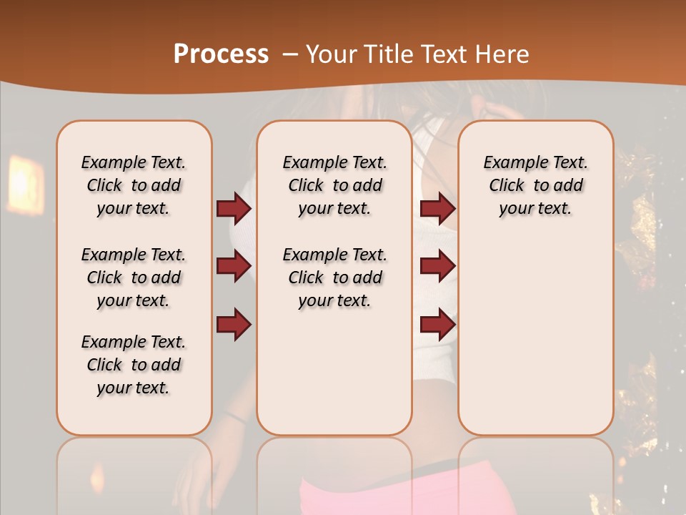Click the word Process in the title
click(x=221, y=54)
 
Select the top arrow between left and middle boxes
click(x=234, y=209)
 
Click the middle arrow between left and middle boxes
click(x=234, y=266)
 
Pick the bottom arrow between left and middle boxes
click(x=234, y=325)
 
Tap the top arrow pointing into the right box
click(x=437, y=209)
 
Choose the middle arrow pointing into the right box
click(x=437, y=266)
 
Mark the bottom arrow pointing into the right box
click(x=437, y=325)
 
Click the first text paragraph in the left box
click(x=134, y=186)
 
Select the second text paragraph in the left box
click(x=134, y=278)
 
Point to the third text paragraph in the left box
click(x=134, y=365)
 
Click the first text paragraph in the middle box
click(x=334, y=186)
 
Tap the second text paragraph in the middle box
click(x=334, y=278)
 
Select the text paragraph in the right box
click(x=535, y=186)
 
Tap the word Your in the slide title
click(x=329, y=54)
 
